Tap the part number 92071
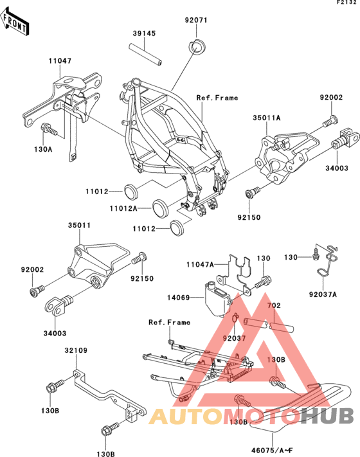[x=196, y=20]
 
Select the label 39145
[x=144, y=33]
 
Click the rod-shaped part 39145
[x=145, y=55]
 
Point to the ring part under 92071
[x=196, y=46]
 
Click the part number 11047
[x=60, y=61]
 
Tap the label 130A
[x=43, y=149]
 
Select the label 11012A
[x=123, y=208]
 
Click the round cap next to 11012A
[x=160, y=209]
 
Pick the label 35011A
[x=266, y=118]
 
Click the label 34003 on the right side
[x=337, y=168]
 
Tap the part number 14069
[x=179, y=298]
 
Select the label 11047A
[x=200, y=265]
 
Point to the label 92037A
[x=323, y=294]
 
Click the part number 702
[x=274, y=305]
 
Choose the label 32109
[x=76, y=350]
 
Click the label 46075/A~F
[x=272, y=451]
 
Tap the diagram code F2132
[x=346, y=3]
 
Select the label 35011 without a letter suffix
[x=80, y=226]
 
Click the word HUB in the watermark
[x=327, y=416]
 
